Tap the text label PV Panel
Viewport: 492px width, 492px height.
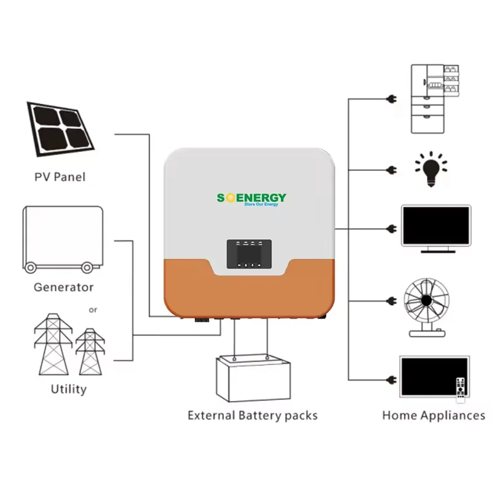(x=60, y=177)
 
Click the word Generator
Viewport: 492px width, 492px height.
(x=63, y=287)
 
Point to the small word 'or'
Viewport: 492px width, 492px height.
(x=93, y=310)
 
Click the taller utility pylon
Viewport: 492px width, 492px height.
(x=54, y=344)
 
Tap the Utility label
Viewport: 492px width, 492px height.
(x=68, y=389)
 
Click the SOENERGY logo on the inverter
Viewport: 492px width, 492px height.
(x=251, y=198)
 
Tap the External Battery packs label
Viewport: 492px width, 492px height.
(x=253, y=416)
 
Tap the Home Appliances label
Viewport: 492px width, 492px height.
(x=434, y=416)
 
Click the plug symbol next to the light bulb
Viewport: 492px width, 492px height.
(x=391, y=169)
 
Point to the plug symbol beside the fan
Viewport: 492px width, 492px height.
(x=391, y=301)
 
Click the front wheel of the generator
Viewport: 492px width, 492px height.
(x=87, y=268)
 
